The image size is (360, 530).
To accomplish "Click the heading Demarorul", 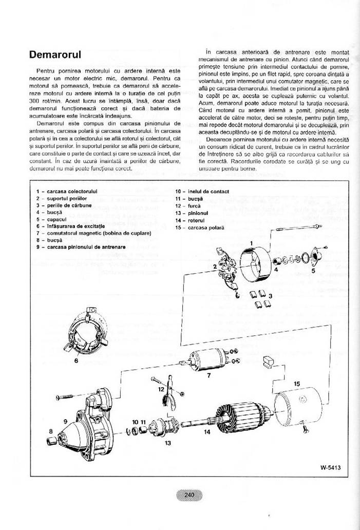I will [x=55, y=54].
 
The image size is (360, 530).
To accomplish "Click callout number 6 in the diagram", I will [x=76, y=361].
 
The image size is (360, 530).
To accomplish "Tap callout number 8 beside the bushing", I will [x=50, y=430].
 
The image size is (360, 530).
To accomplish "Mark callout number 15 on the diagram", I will [x=297, y=384].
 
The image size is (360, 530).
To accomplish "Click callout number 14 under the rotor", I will [x=206, y=432].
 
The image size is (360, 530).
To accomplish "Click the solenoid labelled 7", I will [x=208, y=359].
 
